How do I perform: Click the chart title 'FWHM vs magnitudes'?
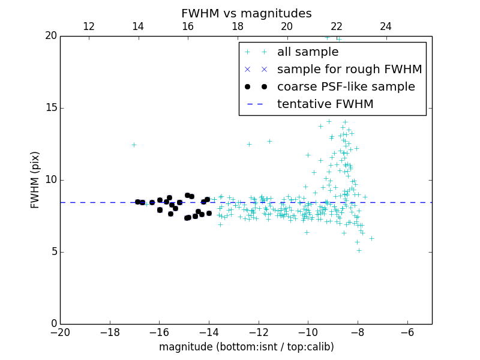click(246, 13)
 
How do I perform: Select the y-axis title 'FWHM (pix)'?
click(35, 179)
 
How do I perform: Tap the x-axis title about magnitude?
click(246, 347)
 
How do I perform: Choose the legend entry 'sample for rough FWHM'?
click(349, 70)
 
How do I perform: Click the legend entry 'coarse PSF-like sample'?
click(346, 87)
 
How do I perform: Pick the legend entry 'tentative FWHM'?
click(325, 104)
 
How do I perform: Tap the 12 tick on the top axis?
click(89, 26)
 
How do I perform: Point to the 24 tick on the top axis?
click(386, 26)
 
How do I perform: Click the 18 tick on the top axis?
click(238, 26)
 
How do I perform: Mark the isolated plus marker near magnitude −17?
click(134, 145)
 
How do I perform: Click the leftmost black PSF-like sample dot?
click(137, 202)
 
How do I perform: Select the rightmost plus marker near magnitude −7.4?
click(371, 238)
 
